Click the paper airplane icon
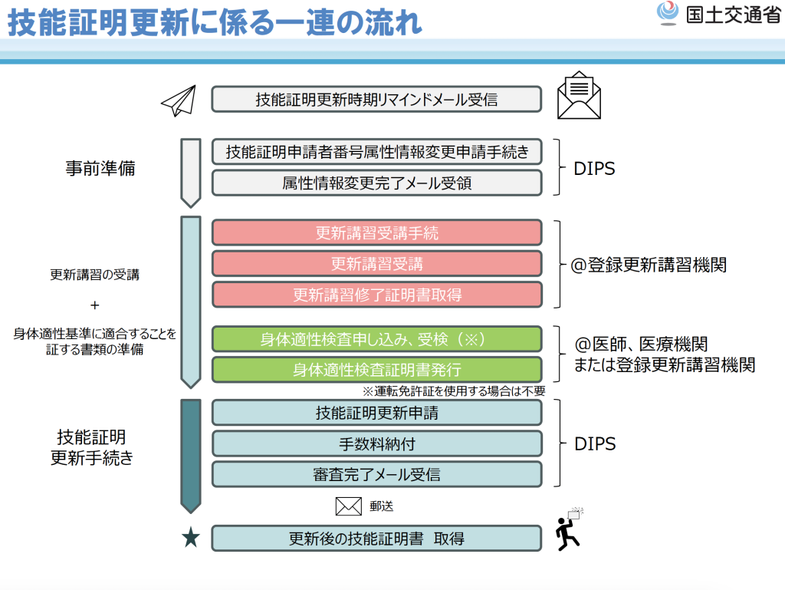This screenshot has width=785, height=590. pos(179,101)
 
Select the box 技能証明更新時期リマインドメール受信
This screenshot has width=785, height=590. pos(376,99)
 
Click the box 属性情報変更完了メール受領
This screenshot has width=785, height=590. pos(376,183)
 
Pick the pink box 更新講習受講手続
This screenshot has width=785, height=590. pos(376,233)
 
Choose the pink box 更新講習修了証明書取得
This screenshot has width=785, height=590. pos(376,295)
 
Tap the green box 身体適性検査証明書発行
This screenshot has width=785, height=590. pos(376,370)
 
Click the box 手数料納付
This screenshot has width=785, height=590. pos(376,443)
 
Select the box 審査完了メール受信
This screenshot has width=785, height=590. pos(376,474)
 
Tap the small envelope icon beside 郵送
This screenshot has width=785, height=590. pos(348,506)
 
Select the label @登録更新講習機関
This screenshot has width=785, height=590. pos(649,265)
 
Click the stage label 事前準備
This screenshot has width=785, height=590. pos(100,169)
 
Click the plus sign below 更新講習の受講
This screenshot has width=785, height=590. pos(95,305)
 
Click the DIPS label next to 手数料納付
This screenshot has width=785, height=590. pos(595,443)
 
